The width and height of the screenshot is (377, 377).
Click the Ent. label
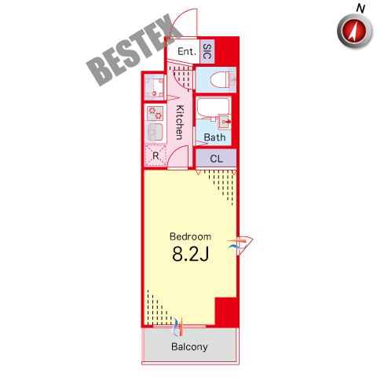pos(187,51)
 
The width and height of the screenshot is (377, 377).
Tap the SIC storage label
pos(207,51)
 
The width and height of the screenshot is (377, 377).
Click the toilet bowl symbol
pos(219,79)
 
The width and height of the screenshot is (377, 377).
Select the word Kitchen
pos(180,123)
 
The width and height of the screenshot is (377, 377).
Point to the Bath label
pos(214,137)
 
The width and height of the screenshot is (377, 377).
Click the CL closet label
pos(216,159)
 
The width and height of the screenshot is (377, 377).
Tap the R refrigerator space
pos(156,156)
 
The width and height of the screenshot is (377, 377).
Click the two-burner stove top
pos(156,113)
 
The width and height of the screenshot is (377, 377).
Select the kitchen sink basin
pos(156,131)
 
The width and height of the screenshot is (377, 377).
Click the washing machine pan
pos(155,87)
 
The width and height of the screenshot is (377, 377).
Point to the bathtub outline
pos(213,108)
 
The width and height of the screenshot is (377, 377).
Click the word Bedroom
pos(190,236)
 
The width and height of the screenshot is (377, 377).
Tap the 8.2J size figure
pos(191,254)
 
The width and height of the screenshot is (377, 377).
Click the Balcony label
pos(189,346)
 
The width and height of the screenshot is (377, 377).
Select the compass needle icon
pos(355,31)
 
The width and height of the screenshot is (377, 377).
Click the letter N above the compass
pos(361,9)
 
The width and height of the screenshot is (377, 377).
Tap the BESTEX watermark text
pos(134,49)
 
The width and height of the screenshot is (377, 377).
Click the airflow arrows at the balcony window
pos(178,327)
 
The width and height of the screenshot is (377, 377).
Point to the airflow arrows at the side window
pos(237,243)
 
